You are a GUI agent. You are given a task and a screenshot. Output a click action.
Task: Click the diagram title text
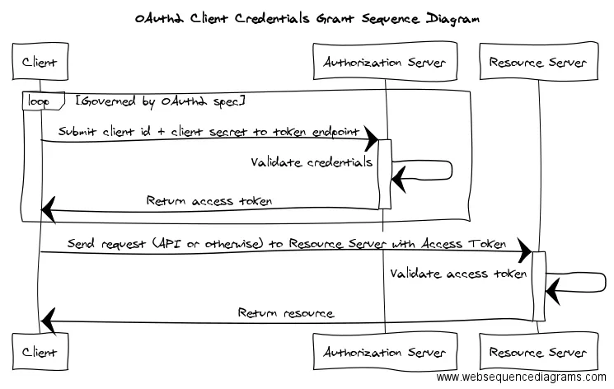pos(307,19)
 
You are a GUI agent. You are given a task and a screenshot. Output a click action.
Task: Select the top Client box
pos(40,62)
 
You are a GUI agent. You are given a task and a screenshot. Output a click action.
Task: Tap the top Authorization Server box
pos(385,62)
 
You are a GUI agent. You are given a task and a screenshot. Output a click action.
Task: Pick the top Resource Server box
pos(539,62)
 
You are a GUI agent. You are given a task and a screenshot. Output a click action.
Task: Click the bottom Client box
pos(40,351)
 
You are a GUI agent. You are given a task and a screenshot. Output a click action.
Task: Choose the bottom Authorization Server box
pos(385,351)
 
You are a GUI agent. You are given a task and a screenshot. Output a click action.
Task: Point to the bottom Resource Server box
pos(539,351)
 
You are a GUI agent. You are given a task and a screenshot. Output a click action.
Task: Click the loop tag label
pos(39,101)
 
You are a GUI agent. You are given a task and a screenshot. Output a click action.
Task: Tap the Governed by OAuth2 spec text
pos(161,101)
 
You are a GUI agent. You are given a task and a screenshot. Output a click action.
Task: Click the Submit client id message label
pos(209,131)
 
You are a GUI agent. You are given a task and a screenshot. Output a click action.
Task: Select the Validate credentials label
pos(312,162)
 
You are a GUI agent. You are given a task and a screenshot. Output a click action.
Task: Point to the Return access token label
pos(209,200)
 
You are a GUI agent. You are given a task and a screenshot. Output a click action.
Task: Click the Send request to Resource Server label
pos(287,243)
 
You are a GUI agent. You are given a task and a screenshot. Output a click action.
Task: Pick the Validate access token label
pos(458,273)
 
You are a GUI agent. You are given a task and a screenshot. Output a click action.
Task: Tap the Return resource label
pos(286,312)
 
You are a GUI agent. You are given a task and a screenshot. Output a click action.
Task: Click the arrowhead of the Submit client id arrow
pos(371,138)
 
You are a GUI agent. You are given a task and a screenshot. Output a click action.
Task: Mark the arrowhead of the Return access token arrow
pos(49,210)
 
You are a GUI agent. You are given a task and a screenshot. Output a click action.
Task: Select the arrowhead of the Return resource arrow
pos(49,321)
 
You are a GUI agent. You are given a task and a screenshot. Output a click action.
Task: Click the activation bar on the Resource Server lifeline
pos(539,286)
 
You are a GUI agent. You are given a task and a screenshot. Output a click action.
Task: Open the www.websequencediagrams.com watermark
pos(521,377)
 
